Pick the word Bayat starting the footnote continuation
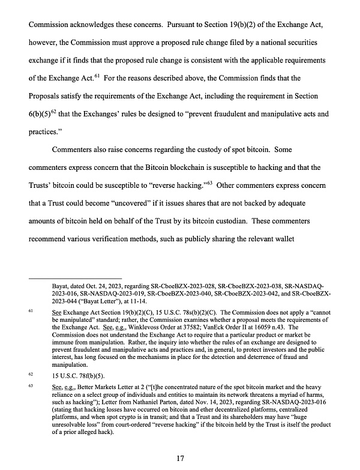coord(62,286)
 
